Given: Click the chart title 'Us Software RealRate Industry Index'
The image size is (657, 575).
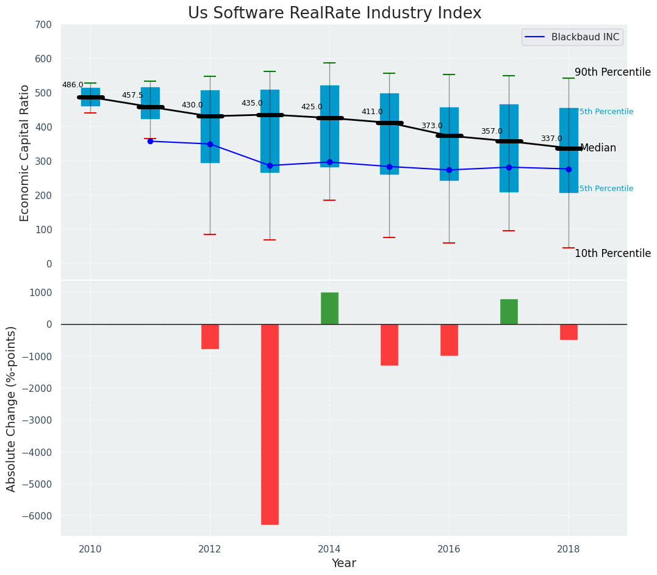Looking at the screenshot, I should click(x=334, y=13).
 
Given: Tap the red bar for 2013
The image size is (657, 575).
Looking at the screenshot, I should click(x=270, y=424).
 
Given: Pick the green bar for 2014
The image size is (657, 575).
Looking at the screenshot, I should click(x=329, y=308).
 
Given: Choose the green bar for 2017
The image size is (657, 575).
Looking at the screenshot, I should click(x=509, y=311).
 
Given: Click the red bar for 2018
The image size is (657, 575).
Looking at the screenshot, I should click(x=569, y=331).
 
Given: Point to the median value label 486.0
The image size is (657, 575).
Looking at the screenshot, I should click(x=73, y=85).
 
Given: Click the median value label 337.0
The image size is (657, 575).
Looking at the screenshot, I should click(x=551, y=139).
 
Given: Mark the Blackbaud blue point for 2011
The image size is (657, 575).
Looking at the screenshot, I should click(x=150, y=141).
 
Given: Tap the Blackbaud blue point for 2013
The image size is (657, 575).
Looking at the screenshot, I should click(x=270, y=165).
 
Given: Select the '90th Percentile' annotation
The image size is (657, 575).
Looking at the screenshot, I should click(x=612, y=73).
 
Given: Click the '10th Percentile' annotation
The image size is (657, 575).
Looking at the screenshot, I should click(x=612, y=254).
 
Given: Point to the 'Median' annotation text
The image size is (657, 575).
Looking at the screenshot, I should click(x=598, y=148).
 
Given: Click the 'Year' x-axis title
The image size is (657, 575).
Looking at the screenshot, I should click(x=344, y=563).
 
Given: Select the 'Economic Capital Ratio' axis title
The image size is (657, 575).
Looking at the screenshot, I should click(x=25, y=153).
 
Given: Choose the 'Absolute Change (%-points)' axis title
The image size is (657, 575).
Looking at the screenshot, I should click(x=12, y=408).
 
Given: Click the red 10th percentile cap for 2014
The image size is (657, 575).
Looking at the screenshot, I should click(x=329, y=200).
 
